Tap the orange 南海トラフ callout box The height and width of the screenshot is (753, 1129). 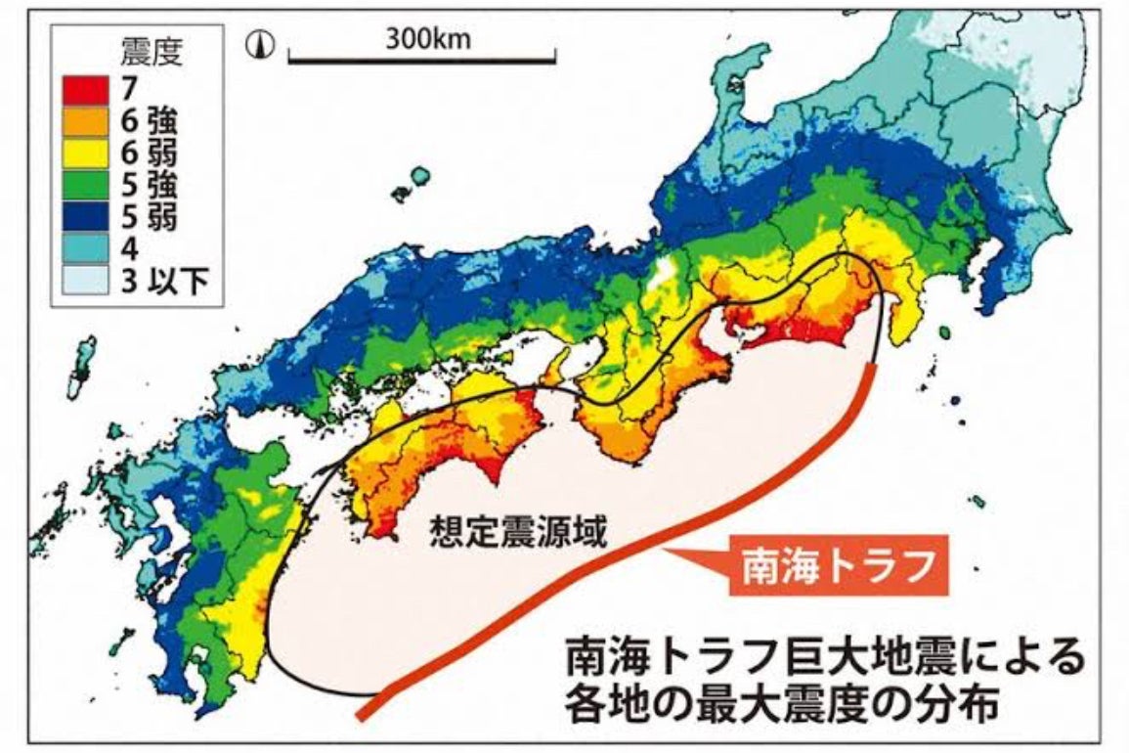[838, 564]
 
